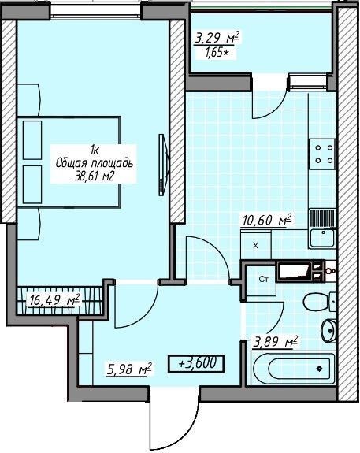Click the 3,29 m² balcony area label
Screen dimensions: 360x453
click(217, 38)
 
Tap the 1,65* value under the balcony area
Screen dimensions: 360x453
click(216, 53)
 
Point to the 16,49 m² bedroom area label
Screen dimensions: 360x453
click(54, 300)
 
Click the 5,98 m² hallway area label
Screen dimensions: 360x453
click(129, 369)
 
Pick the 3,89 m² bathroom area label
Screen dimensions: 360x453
click(276, 342)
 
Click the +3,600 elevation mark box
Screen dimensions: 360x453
click(196, 363)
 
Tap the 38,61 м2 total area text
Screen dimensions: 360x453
click(94, 176)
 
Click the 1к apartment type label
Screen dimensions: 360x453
click(95, 150)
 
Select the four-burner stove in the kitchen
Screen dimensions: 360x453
click(322, 154)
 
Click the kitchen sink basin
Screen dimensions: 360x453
click(322, 238)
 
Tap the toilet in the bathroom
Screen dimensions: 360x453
click(319, 302)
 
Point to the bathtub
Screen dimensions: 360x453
click(293, 368)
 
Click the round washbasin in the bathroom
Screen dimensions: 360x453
click(328, 331)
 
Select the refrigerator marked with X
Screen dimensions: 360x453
click(256, 245)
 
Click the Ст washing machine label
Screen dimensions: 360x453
click(263, 280)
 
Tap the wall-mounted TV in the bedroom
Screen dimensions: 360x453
click(163, 165)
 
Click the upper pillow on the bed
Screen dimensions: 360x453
click(32, 140)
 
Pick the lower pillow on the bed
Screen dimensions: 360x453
click(32, 184)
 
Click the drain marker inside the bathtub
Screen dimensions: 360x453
click(319, 369)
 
